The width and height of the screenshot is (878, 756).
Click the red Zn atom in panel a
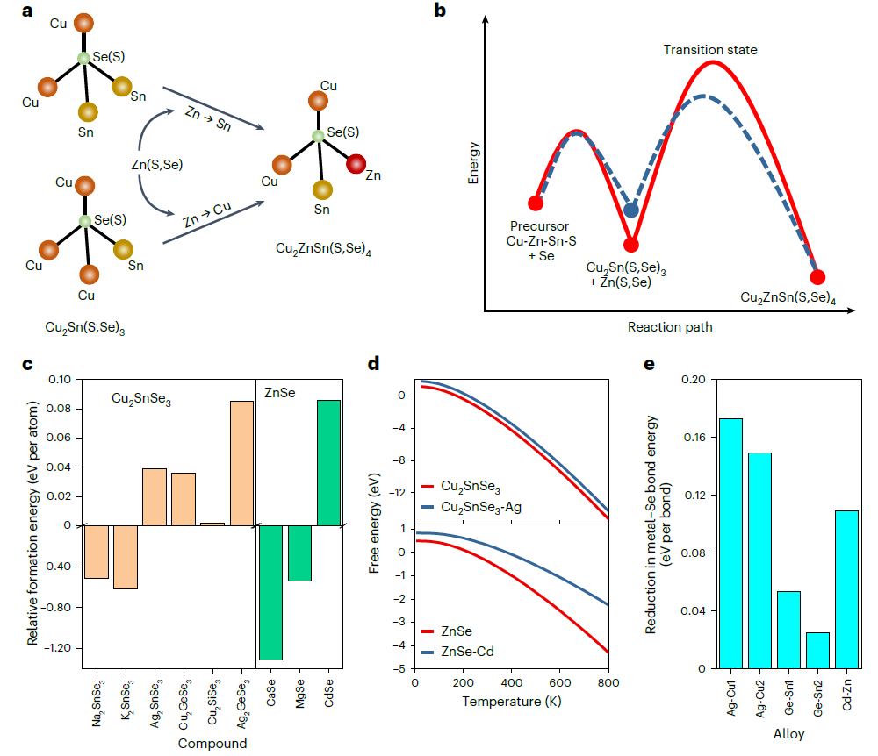356,163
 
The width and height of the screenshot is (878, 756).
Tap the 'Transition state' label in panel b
710,50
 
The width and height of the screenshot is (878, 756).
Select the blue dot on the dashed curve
631,210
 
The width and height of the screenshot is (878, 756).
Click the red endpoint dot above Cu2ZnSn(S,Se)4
817,277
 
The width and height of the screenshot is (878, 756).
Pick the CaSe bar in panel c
270,592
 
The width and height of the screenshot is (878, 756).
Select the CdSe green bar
328,462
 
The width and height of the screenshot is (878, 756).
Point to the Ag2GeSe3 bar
241,462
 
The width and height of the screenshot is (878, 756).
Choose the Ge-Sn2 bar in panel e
817,650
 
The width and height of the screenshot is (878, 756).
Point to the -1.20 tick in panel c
59,648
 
